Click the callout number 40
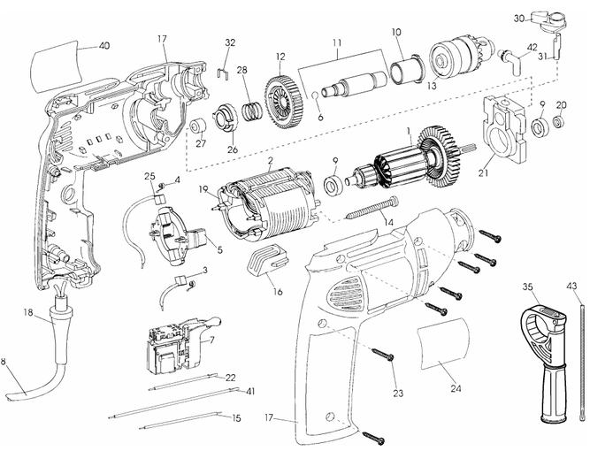pyautogui.click(x=104, y=45)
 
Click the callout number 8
pyautogui.click(x=5, y=362)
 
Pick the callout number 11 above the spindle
pyautogui.click(x=337, y=42)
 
